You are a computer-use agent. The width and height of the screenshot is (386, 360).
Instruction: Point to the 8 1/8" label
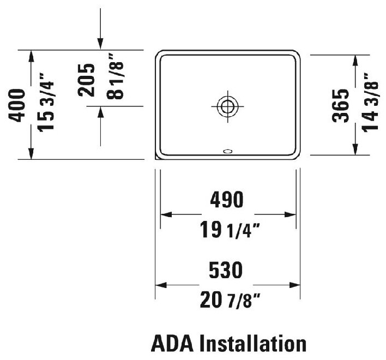tap(116, 76)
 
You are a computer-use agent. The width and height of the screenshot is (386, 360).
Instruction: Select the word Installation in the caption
tap(252, 344)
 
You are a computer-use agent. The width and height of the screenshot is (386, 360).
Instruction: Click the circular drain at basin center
tap(227, 106)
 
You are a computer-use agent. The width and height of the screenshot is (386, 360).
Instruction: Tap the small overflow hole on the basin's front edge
tap(228, 151)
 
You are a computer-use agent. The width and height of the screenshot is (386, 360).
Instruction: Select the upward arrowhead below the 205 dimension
tap(100, 111)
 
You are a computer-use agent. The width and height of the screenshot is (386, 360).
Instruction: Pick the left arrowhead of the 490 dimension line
tap(164, 214)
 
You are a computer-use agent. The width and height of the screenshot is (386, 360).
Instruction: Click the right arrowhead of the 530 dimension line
tap(296, 284)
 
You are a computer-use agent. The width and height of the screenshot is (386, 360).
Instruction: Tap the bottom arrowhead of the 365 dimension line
tap(355, 151)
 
